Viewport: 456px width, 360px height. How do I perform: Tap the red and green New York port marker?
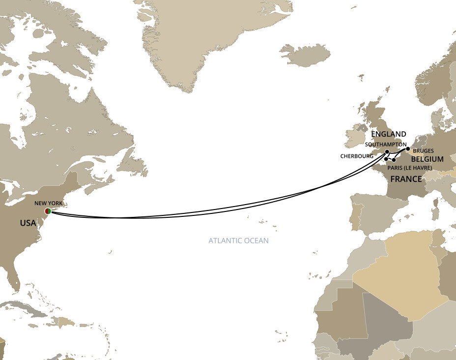[48, 211]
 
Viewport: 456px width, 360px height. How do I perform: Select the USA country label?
[28, 223]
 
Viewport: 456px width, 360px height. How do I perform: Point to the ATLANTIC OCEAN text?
[238, 241]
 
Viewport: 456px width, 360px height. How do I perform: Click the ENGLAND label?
[389, 134]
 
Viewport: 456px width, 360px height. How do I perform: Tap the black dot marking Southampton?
[387, 151]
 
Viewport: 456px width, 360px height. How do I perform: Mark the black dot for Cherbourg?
[386, 159]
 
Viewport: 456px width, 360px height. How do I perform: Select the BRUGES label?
[423, 150]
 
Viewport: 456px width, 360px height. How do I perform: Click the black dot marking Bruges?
[408, 149]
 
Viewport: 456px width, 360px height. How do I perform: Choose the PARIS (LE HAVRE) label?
[410, 168]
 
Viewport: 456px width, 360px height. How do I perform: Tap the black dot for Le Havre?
[394, 160]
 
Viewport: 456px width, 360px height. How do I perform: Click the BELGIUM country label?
[427, 159]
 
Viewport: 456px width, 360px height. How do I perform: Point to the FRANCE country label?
[406, 179]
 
